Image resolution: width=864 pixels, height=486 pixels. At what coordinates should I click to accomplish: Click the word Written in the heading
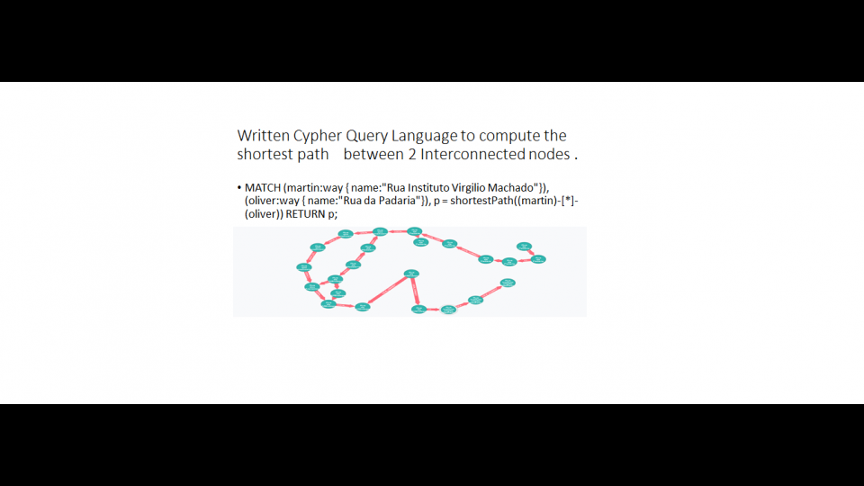pos(264,136)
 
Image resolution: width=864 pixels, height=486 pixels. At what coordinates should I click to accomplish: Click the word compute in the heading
pos(509,136)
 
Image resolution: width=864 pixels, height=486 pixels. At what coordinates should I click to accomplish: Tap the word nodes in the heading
pos(548,155)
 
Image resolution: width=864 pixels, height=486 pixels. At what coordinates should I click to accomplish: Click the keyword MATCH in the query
pos(262,187)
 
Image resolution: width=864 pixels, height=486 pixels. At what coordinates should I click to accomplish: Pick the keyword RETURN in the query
pos(306,214)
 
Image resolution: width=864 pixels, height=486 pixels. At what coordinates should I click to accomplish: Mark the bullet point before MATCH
pos(238,188)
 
